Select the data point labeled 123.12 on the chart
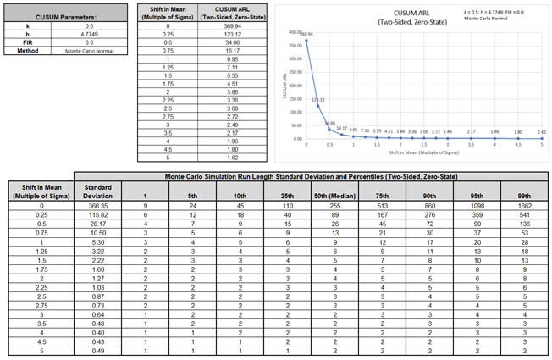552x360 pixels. point(317,106)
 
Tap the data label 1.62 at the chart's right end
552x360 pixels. point(541,132)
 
